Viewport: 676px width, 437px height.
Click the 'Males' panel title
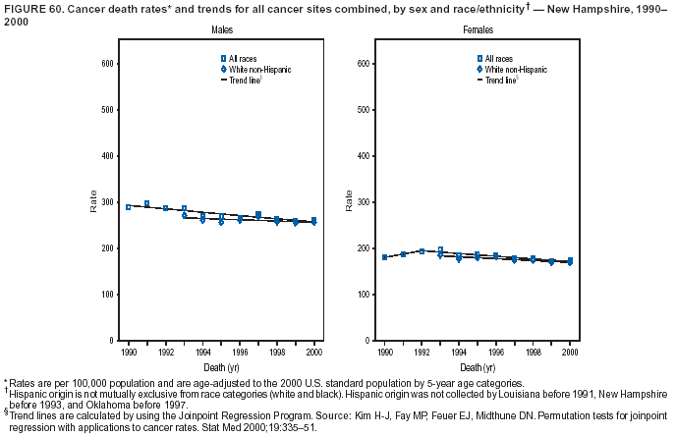click(221, 31)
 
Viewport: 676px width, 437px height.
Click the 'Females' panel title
click(479, 31)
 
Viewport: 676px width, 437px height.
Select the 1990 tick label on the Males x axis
click(128, 351)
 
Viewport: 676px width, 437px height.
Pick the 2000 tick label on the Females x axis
click(570, 351)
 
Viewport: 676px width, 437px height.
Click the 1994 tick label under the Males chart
click(202, 351)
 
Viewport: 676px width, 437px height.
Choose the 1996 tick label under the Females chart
click(496, 351)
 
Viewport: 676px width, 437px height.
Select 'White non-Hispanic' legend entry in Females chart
click(510, 70)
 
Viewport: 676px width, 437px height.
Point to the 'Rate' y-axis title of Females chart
click(348, 201)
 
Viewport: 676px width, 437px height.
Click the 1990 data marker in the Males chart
click(128, 207)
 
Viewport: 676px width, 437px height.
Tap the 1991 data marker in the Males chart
click(146, 203)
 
